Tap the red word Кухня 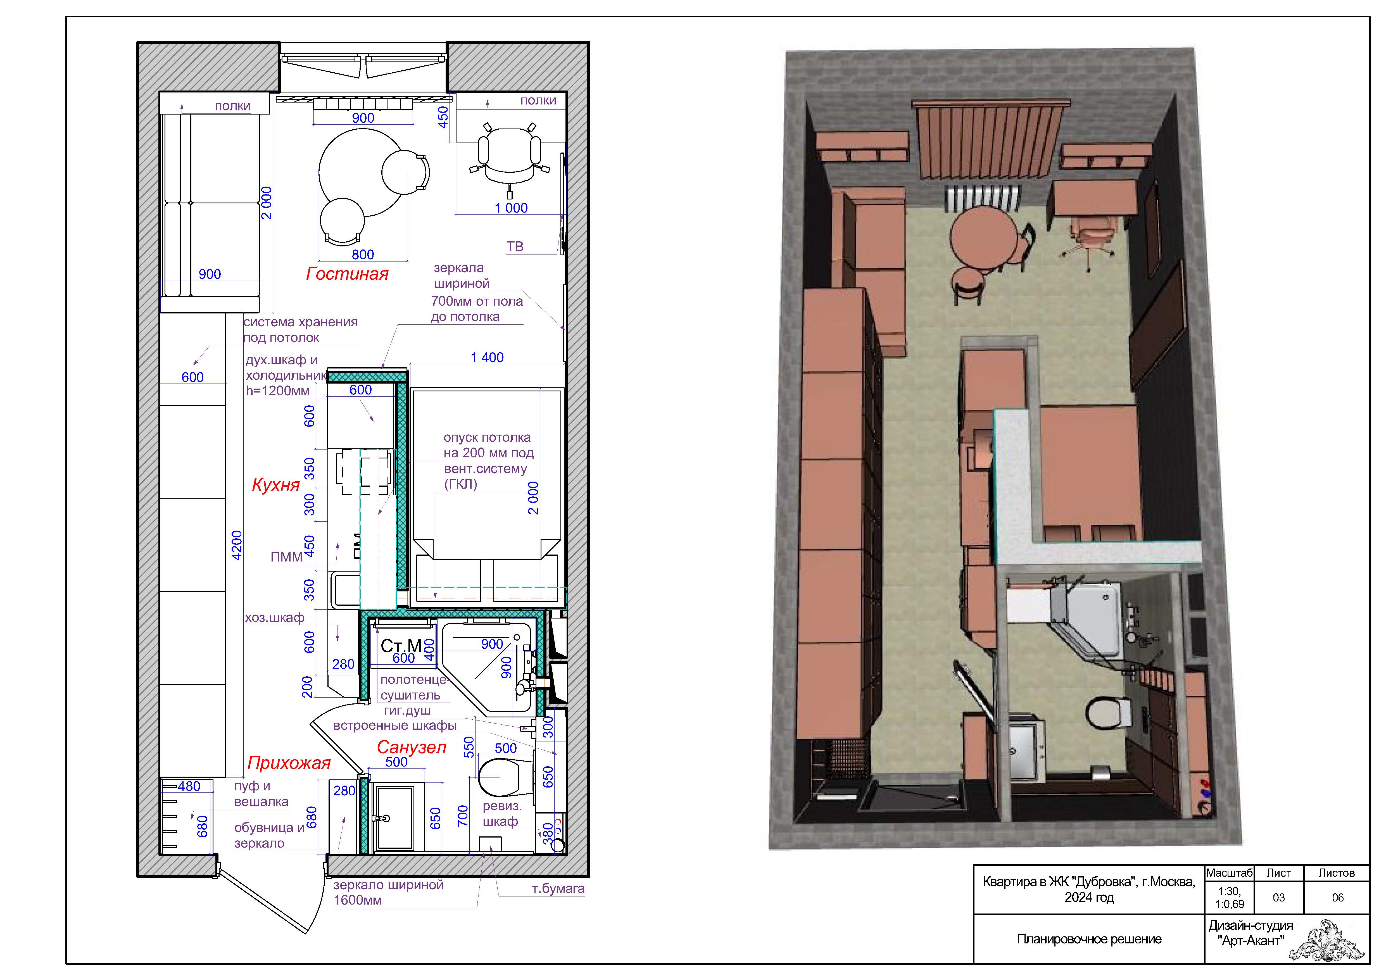276,485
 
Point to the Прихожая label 289,763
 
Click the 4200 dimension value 237,546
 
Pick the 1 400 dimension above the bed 487,357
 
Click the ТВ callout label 515,246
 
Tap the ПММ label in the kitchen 287,557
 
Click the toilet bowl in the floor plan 499,777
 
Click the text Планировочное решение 1089,939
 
